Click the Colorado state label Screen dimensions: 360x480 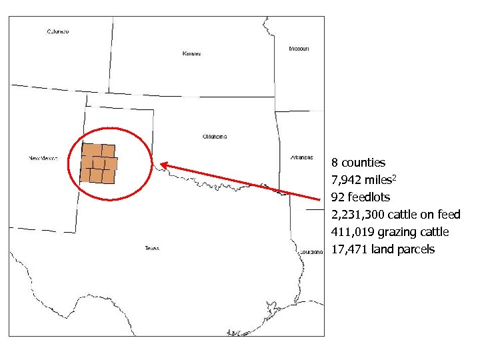click(x=58, y=31)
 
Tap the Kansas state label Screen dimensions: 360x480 click(x=191, y=53)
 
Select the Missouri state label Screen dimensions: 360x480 click(x=299, y=49)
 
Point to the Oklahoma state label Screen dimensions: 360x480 click(x=214, y=137)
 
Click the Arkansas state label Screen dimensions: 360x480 click(x=301, y=157)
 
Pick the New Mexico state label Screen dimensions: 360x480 click(x=43, y=158)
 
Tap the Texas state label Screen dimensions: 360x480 click(x=151, y=249)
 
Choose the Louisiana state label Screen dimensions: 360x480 click(x=311, y=252)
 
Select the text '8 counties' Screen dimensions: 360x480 click(x=358, y=163)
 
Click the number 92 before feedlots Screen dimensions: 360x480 click(x=337, y=197)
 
